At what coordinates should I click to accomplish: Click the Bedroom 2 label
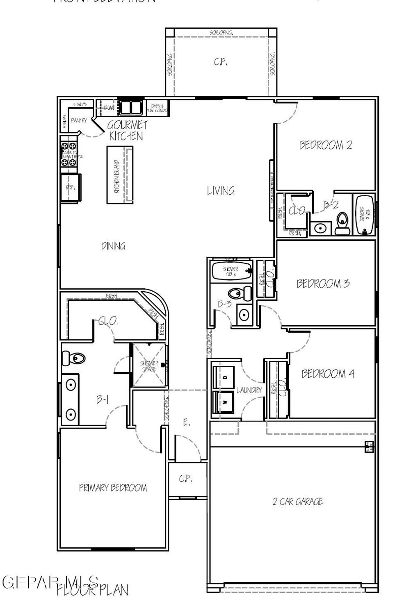[x=325, y=145]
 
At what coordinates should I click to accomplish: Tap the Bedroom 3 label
[x=323, y=283]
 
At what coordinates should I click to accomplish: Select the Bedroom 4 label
[x=328, y=374]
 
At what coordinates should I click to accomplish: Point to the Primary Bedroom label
[x=113, y=488]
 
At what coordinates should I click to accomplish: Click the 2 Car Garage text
[x=297, y=501]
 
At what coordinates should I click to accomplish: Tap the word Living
[x=221, y=190]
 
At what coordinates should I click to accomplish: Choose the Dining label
[x=113, y=246]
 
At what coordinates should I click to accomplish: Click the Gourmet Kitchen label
[x=127, y=131]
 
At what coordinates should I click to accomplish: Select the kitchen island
[x=119, y=175]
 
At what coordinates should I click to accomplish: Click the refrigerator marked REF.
[x=71, y=188]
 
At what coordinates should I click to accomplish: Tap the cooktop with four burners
[x=69, y=154]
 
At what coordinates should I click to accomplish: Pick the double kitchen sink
[x=130, y=107]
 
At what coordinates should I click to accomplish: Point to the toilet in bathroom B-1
[x=73, y=359]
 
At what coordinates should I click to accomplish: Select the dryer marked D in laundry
[x=224, y=376]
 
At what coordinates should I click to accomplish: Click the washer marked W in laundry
[x=224, y=402]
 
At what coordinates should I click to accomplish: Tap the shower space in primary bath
[x=148, y=366]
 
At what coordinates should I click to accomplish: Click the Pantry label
[x=78, y=120]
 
